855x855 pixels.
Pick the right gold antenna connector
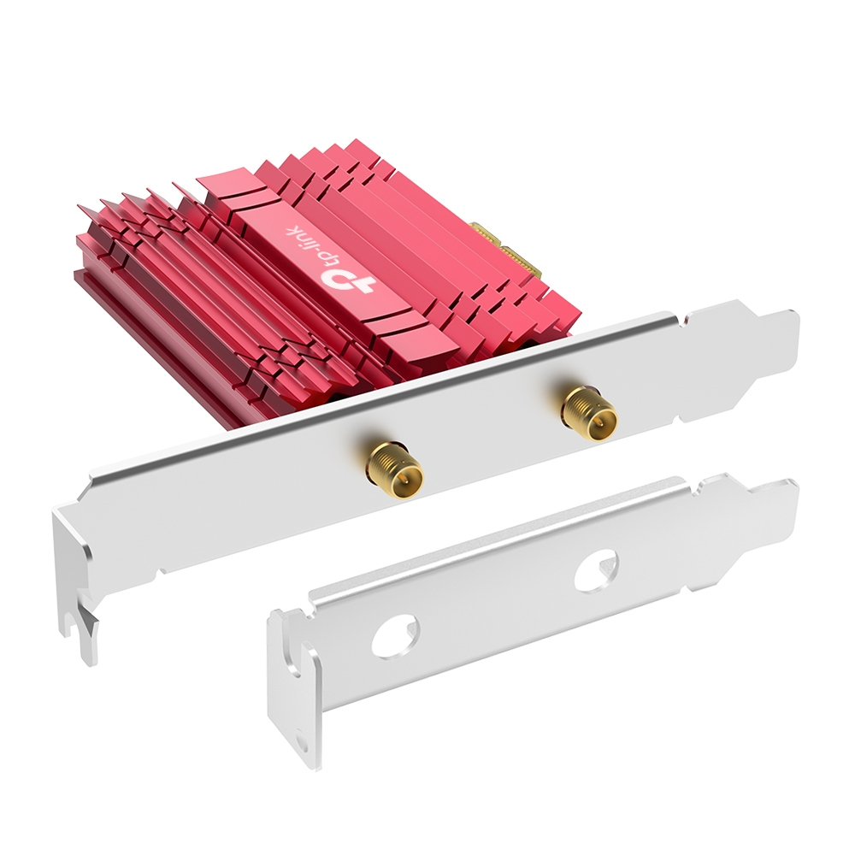[x=589, y=414]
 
